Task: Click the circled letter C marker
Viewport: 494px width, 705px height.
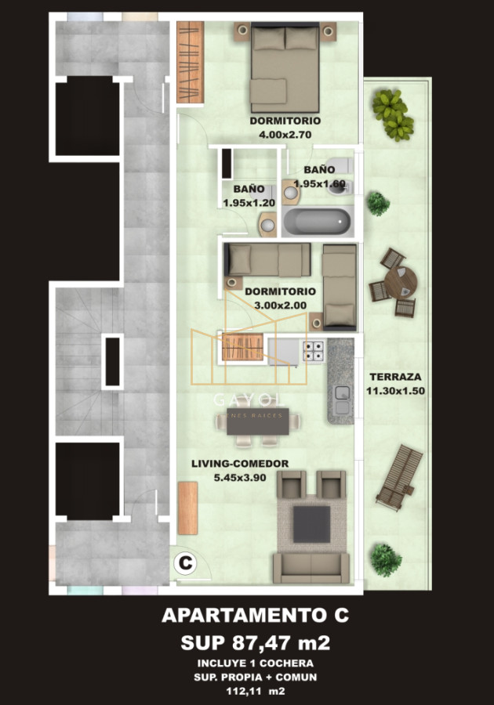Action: tap(185, 562)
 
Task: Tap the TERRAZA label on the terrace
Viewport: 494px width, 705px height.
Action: tap(395, 376)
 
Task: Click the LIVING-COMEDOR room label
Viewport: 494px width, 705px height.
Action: tap(240, 463)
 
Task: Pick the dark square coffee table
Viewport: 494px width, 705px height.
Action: tap(311, 524)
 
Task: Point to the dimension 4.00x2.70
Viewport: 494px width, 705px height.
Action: tap(285, 134)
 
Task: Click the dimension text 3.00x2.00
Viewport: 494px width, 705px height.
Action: tap(279, 305)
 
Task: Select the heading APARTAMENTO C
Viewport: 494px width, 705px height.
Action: tap(255, 616)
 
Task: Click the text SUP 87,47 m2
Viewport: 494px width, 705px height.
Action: tap(255, 643)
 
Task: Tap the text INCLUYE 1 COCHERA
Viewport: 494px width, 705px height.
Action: tap(255, 663)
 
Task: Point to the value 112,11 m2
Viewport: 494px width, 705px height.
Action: tap(255, 692)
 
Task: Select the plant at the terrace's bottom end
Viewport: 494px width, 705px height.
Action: tap(385, 559)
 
